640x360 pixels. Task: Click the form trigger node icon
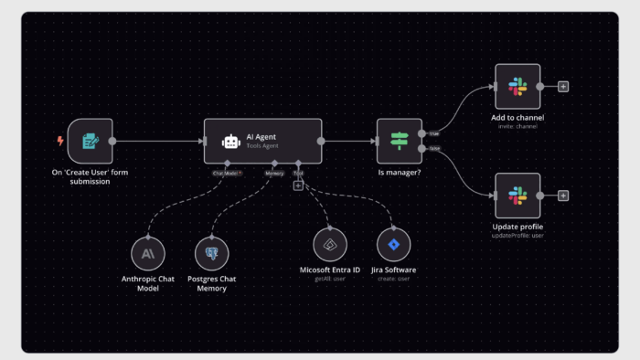pyautogui.click(x=90, y=141)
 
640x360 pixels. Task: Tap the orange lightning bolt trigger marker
pyautogui.click(x=60, y=141)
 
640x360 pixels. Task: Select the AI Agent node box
pyautogui.click(x=262, y=141)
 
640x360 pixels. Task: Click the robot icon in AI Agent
pyautogui.click(x=230, y=142)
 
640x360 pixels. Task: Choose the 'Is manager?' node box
pyautogui.click(x=399, y=141)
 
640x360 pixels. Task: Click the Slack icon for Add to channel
pyautogui.click(x=517, y=87)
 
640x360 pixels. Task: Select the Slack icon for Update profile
pyautogui.click(x=517, y=196)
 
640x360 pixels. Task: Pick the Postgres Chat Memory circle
pyautogui.click(x=211, y=252)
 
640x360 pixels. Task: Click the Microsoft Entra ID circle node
pyautogui.click(x=330, y=244)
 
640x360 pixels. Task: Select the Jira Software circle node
pyautogui.click(x=393, y=244)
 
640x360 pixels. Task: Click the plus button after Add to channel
pyautogui.click(x=563, y=87)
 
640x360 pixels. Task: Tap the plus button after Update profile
pyautogui.click(x=563, y=196)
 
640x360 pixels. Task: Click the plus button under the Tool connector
pyautogui.click(x=298, y=185)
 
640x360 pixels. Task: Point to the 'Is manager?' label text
pyautogui.click(x=400, y=172)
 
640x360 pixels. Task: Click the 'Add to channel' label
pyautogui.click(x=517, y=118)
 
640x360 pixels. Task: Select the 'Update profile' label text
pyautogui.click(x=517, y=227)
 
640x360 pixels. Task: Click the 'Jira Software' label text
pyautogui.click(x=393, y=270)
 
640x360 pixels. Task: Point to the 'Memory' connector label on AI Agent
pyautogui.click(x=274, y=172)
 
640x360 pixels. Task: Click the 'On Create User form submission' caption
pyautogui.click(x=90, y=176)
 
